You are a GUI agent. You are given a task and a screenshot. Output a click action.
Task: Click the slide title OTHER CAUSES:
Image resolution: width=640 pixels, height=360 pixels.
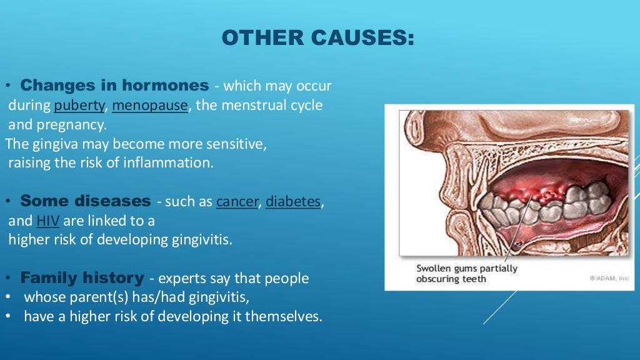pos(317,38)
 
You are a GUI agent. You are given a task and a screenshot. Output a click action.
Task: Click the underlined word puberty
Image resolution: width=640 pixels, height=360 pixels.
pos(79,106)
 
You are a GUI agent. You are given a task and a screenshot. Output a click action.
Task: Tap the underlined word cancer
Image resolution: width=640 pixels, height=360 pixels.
pos(237,202)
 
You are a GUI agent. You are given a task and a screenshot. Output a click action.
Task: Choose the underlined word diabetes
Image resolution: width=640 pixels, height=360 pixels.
pos(293,202)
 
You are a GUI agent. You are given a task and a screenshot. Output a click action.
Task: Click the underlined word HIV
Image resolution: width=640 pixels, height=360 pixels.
pos(47,221)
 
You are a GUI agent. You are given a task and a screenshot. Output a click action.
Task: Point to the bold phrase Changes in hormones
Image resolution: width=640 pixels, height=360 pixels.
pos(114,85)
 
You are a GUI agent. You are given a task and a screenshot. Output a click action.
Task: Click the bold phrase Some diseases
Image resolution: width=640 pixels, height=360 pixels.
pos(86,201)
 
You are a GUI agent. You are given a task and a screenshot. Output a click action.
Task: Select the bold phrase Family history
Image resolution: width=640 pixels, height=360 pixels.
pos(82,277)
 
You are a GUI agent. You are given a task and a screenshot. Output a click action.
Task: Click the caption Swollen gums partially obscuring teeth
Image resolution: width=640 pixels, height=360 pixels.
pos(466,274)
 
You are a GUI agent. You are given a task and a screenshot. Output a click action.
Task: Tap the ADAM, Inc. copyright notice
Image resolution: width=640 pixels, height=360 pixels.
pos(609,279)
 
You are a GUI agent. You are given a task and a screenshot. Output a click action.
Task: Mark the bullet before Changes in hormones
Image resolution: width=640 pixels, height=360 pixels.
pos(8,86)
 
